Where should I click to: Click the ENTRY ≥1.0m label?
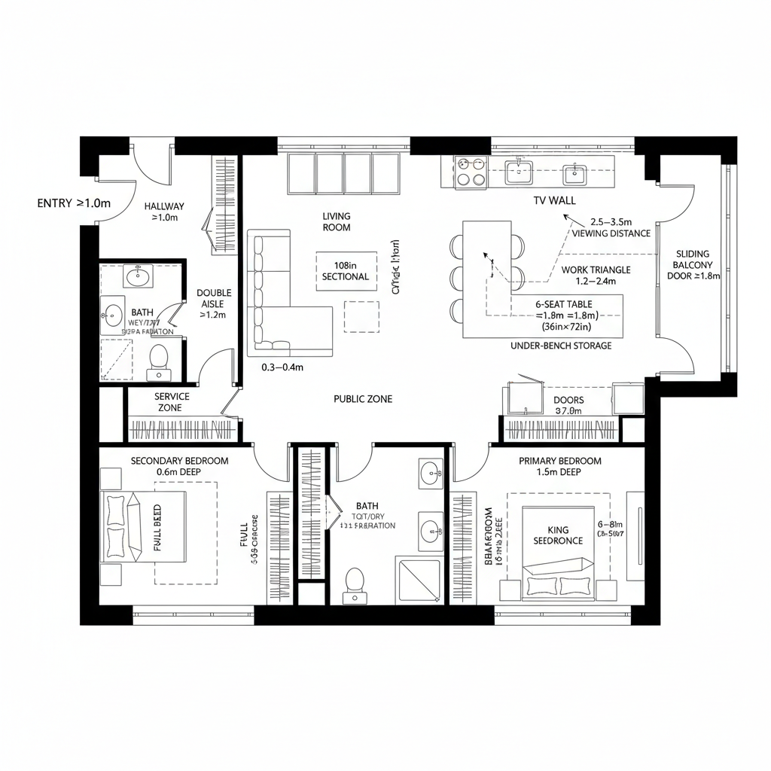click(74, 203)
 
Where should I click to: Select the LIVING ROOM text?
click(337, 221)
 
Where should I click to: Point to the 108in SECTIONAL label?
click(346, 271)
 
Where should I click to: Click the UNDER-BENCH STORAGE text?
click(561, 346)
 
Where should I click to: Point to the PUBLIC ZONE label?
click(363, 399)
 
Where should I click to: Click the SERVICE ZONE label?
click(172, 402)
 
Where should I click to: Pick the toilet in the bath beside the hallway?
click(159, 359)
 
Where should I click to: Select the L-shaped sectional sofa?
click(282, 301)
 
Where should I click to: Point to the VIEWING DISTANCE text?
click(611, 233)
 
